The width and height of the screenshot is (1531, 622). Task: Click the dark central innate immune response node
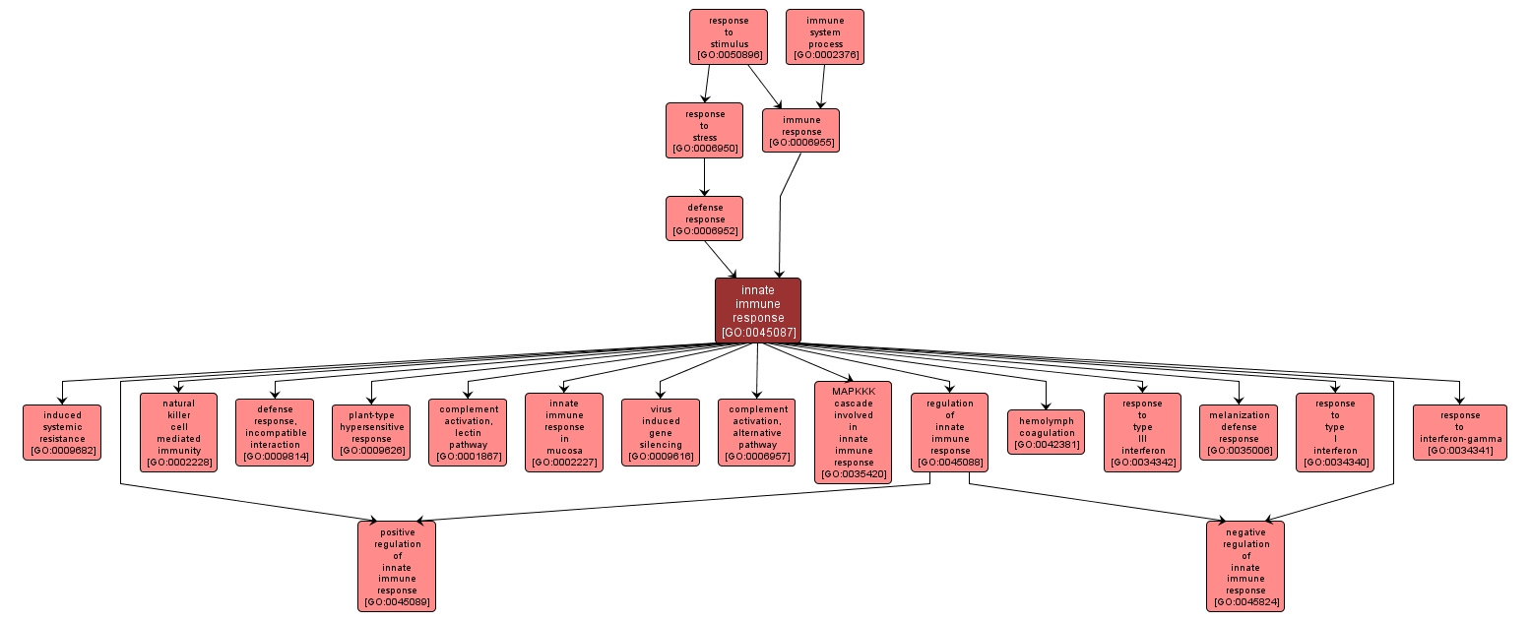coord(757,310)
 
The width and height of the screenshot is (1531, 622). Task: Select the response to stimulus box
coord(728,37)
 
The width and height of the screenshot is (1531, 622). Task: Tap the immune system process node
coord(824,37)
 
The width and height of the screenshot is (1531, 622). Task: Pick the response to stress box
coord(704,131)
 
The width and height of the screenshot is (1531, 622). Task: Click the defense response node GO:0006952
coord(704,218)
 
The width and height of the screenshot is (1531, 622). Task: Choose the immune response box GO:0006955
coord(800,131)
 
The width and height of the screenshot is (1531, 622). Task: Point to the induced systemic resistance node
coord(62,432)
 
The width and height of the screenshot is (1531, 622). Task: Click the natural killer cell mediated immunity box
coord(178,432)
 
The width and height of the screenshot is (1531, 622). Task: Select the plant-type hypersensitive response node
coord(371,432)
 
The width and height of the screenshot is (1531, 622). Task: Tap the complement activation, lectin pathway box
coord(468,432)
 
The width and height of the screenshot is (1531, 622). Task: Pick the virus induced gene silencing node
coord(661,432)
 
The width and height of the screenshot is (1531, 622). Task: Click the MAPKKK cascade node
coord(853,432)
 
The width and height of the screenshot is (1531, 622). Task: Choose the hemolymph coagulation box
coord(1046,432)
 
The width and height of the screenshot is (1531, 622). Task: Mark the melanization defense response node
coord(1238,432)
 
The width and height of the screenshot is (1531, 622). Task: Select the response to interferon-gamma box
coord(1459,432)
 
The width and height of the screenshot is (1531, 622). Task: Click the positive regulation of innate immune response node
coord(397,566)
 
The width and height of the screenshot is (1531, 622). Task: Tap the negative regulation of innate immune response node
coord(1244,566)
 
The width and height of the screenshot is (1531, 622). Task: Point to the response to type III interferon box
coord(1141,432)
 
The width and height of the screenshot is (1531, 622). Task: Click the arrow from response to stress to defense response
coord(704,177)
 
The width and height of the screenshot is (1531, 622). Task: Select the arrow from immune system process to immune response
coord(822,87)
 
